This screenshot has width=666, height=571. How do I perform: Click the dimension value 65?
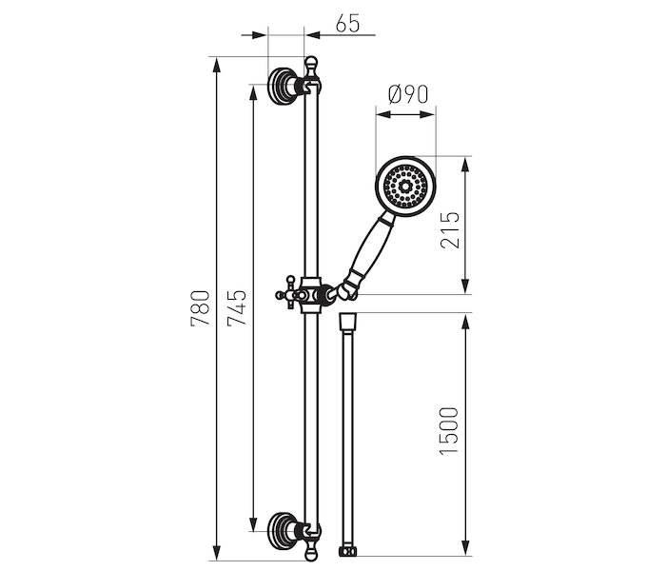tap(347, 24)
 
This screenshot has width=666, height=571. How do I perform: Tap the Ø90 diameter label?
tap(408, 94)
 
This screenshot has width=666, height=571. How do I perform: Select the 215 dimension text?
tap(450, 230)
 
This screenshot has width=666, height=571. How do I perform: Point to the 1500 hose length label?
tap(449, 431)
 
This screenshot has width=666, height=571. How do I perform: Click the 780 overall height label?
tap(200, 308)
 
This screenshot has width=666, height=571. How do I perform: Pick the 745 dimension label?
tap(237, 308)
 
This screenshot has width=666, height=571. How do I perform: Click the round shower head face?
tap(405, 187)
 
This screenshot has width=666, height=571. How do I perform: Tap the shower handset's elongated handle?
tap(369, 248)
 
